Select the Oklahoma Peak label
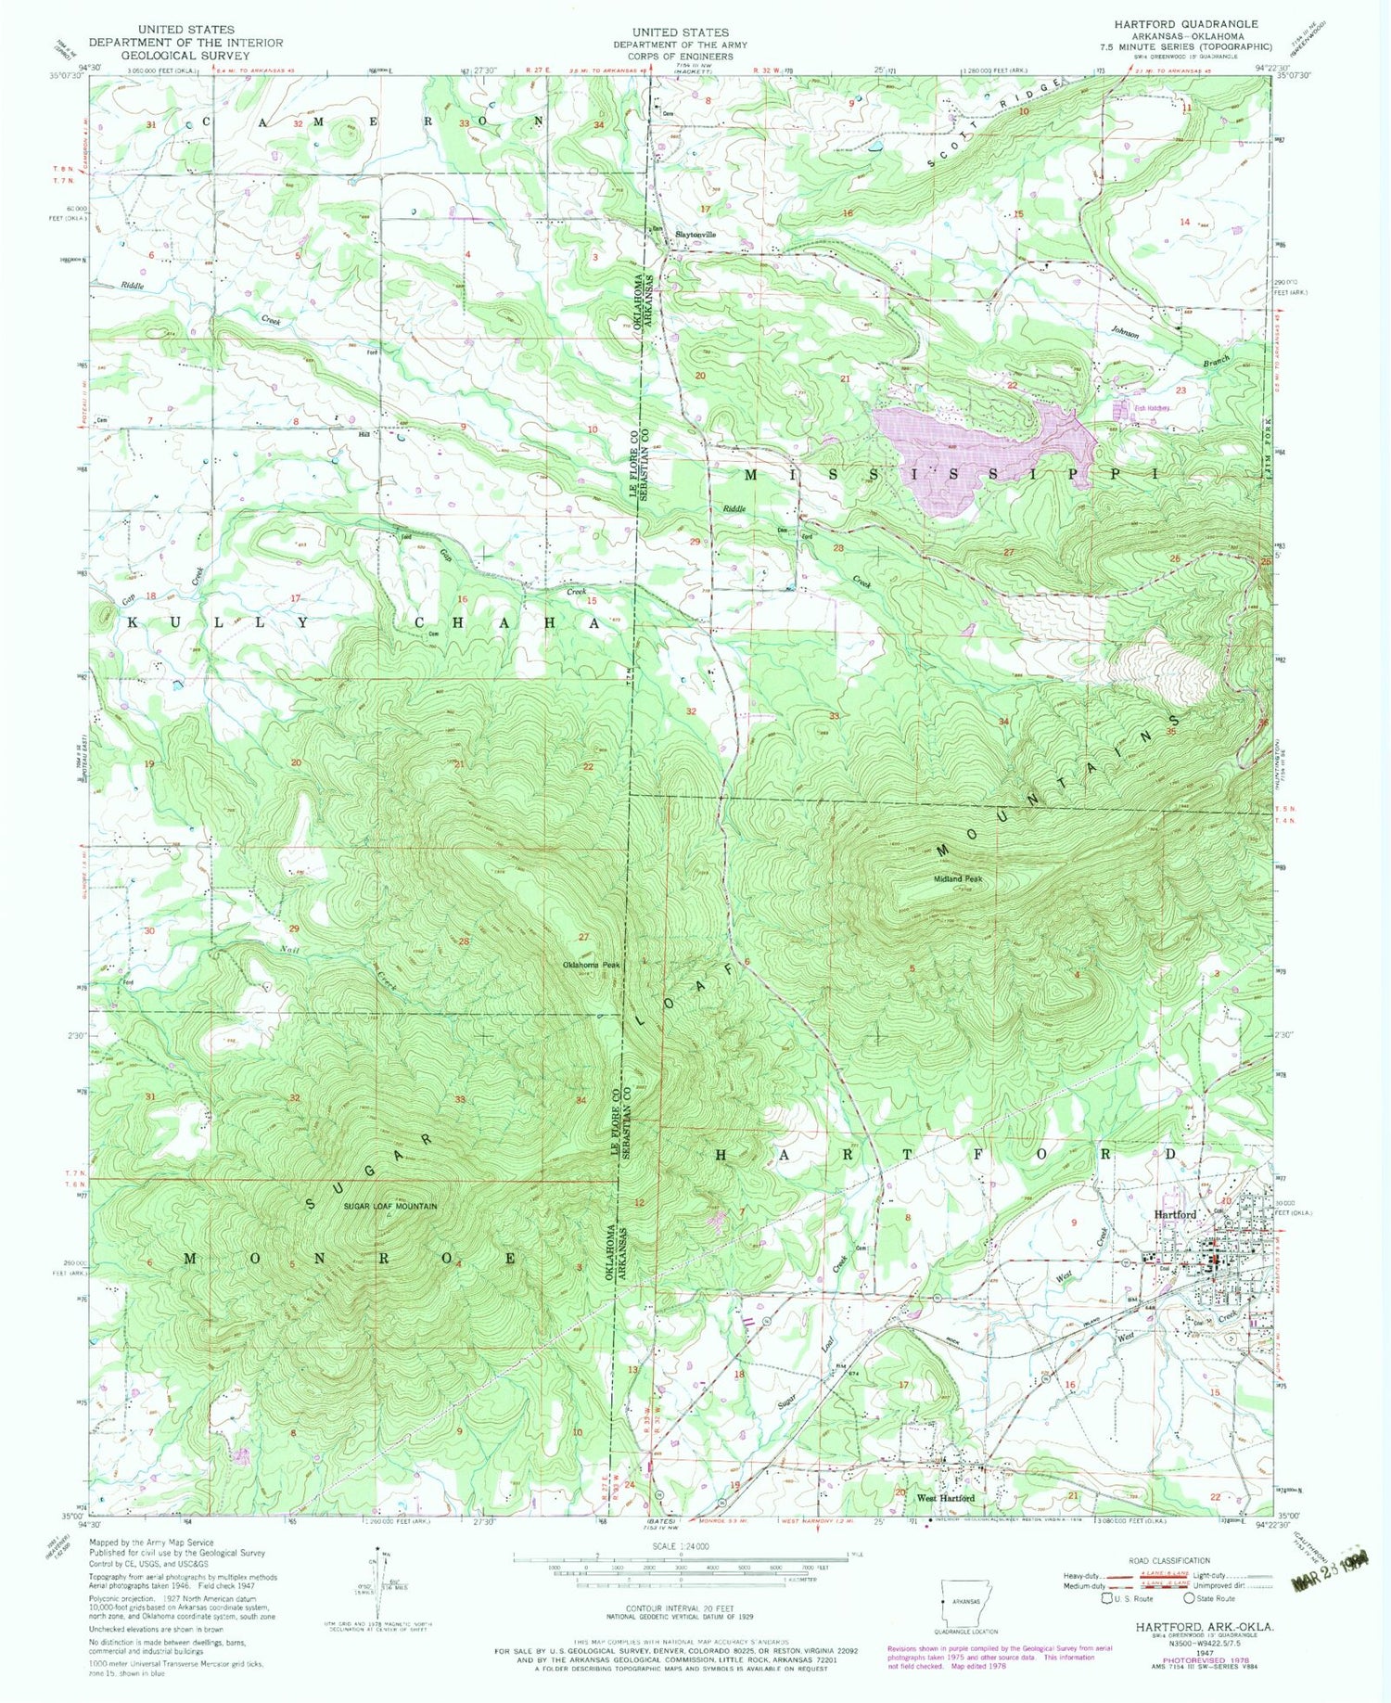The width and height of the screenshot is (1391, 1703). coord(591,965)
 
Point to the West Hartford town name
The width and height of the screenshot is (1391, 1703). coord(946,1498)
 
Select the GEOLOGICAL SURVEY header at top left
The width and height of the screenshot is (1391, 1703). coord(185,55)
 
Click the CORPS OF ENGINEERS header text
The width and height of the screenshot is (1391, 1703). coord(680,56)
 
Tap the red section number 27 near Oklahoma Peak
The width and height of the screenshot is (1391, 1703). coord(583,937)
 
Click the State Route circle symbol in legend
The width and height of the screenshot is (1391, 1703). coord(1188,1598)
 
